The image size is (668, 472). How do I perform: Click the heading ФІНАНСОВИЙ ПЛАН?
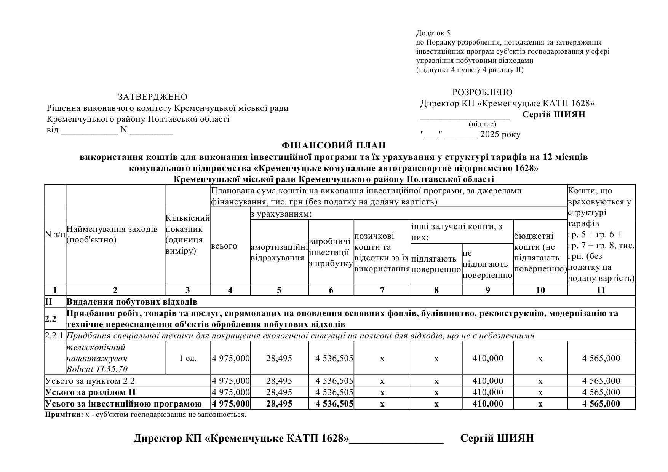point(333,145)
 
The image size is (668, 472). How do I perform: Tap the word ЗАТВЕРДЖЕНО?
point(152,97)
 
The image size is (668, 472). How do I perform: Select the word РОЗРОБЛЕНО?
point(482,92)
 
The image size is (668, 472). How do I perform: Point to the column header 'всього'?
point(224,246)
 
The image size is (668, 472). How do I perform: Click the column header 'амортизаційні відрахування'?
point(279,252)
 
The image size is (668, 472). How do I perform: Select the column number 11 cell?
point(601,290)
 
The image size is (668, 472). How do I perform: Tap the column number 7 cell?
point(382,290)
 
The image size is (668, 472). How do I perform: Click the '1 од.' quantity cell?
point(188,358)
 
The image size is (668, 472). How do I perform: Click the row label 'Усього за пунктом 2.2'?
point(90,381)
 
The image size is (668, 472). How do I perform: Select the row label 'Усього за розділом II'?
point(90,392)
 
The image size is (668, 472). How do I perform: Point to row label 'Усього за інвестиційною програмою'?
point(123,404)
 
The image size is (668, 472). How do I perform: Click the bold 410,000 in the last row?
point(487,404)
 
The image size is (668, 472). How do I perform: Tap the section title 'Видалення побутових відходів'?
point(132,302)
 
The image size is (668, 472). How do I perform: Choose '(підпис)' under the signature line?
point(482,124)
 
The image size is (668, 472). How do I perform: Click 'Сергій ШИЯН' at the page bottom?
point(497,438)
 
